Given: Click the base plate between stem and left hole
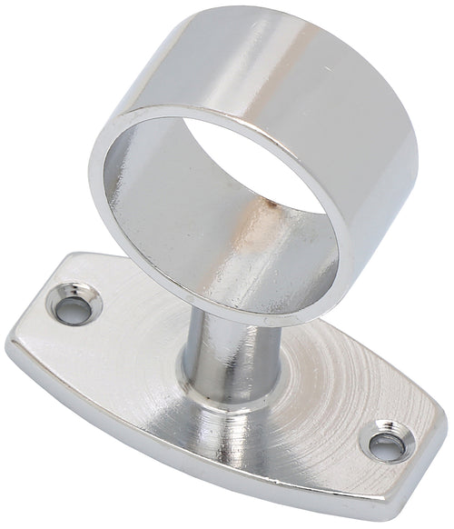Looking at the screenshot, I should (136, 345).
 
